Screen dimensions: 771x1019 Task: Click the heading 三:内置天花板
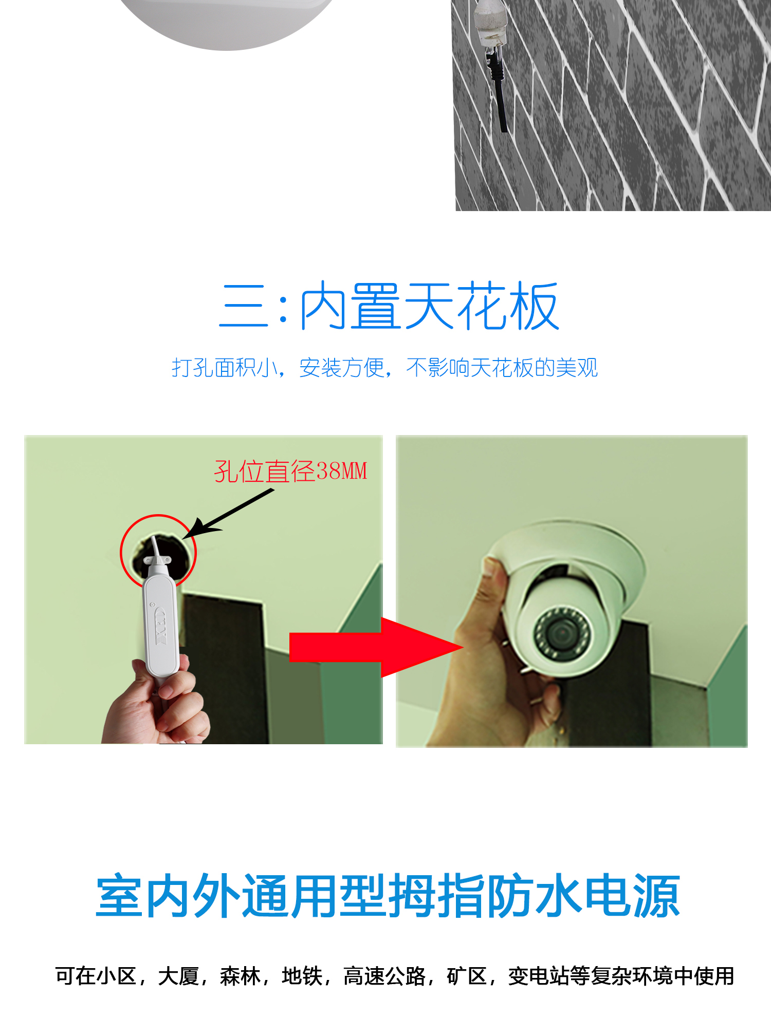[x=389, y=306]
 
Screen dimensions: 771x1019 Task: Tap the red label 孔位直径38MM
[x=290, y=471]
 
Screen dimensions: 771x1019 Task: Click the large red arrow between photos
[x=377, y=647]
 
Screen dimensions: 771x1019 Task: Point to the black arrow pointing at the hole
[x=228, y=514]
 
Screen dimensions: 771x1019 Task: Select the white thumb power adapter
[x=161, y=619]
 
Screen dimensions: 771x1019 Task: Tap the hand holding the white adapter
[x=157, y=701]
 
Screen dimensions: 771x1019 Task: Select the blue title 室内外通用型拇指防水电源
[x=388, y=896]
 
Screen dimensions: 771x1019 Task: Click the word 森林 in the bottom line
[x=240, y=976]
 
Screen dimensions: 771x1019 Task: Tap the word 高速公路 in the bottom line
[x=384, y=976]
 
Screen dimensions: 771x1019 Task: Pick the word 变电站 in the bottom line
[x=539, y=976]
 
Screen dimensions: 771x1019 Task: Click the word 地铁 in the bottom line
[x=302, y=976]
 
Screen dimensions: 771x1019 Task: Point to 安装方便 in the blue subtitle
[x=342, y=368]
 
